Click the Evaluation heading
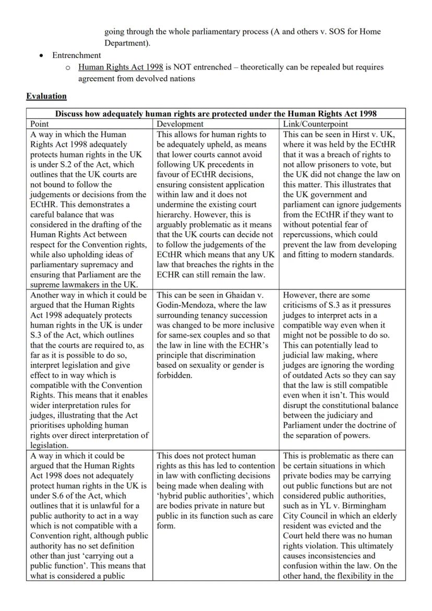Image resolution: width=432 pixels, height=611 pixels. coord(46,96)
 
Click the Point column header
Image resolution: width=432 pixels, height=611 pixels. coord(40,124)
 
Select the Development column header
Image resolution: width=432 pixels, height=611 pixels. coord(180,124)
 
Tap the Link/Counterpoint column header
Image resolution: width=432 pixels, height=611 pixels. coord(315,124)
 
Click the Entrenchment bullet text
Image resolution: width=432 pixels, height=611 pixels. coord(76,55)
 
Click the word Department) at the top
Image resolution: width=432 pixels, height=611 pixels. coord(127,43)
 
